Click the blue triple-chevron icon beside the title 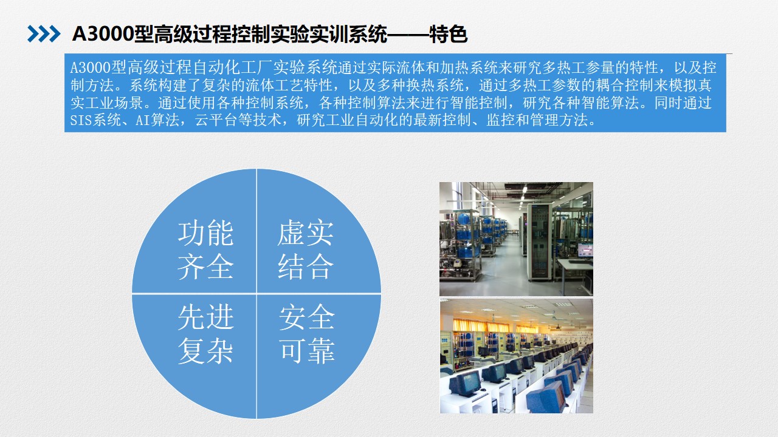point(44,34)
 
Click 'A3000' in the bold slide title point(103,34)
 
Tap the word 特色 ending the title point(449,34)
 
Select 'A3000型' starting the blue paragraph point(98,67)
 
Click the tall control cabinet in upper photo point(539,242)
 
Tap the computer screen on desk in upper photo point(585,249)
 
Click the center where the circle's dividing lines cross point(256,294)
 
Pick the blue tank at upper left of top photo point(464,219)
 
